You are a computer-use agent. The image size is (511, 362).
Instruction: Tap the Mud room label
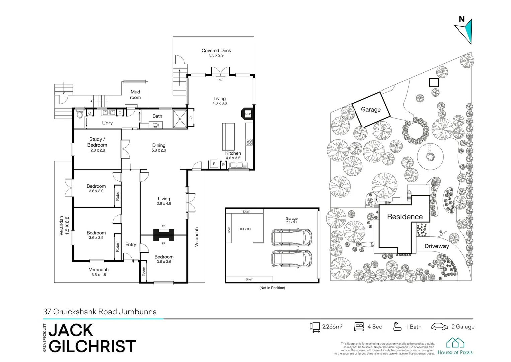pos(135,95)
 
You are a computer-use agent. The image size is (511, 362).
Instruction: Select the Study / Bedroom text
pos(97,142)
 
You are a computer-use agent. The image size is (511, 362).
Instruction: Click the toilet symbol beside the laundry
pos(79,115)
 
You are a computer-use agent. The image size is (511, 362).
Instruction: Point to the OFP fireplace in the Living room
pos(247,114)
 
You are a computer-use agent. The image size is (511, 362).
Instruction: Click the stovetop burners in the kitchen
pos(249,142)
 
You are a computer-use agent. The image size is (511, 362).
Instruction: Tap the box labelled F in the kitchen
pos(214,164)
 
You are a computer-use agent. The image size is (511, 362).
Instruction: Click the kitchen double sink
pos(238,165)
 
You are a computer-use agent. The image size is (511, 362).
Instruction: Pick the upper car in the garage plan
pos(291,237)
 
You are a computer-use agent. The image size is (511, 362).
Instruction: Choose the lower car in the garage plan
pos(291,258)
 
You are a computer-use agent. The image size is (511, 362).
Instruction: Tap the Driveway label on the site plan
pos(436,246)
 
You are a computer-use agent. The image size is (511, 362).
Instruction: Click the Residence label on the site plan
pos(405,217)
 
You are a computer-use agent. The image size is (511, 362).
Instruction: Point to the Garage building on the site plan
pos(371,109)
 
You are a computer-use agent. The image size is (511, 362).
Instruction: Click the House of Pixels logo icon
pos(455,343)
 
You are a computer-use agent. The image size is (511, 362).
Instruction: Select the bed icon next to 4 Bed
pos(359,327)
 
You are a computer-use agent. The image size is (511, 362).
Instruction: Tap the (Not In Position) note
pos(272,288)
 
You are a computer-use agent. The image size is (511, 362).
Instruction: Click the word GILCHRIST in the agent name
pos(92,346)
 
